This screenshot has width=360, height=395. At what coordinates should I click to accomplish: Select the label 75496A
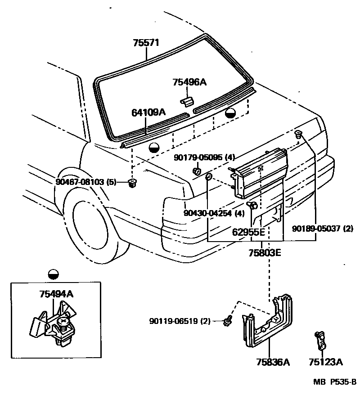click(x=189, y=82)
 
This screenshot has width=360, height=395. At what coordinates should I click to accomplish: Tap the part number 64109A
click(x=148, y=112)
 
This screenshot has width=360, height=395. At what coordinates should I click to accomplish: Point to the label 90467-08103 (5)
click(x=86, y=182)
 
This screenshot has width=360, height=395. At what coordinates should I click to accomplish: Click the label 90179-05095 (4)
click(x=205, y=157)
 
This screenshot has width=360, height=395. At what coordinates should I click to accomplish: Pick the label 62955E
click(x=248, y=233)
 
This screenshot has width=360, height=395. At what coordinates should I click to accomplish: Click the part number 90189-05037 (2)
click(x=323, y=229)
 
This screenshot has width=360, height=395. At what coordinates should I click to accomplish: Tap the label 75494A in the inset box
click(x=56, y=295)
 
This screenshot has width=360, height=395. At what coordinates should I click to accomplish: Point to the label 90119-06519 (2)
click(x=180, y=321)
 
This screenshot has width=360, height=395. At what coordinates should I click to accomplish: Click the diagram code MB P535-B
click(x=335, y=383)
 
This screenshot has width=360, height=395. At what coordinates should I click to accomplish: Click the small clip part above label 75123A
click(x=320, y=340)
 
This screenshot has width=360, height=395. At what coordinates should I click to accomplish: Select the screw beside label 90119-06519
click(x=228, y=320)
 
